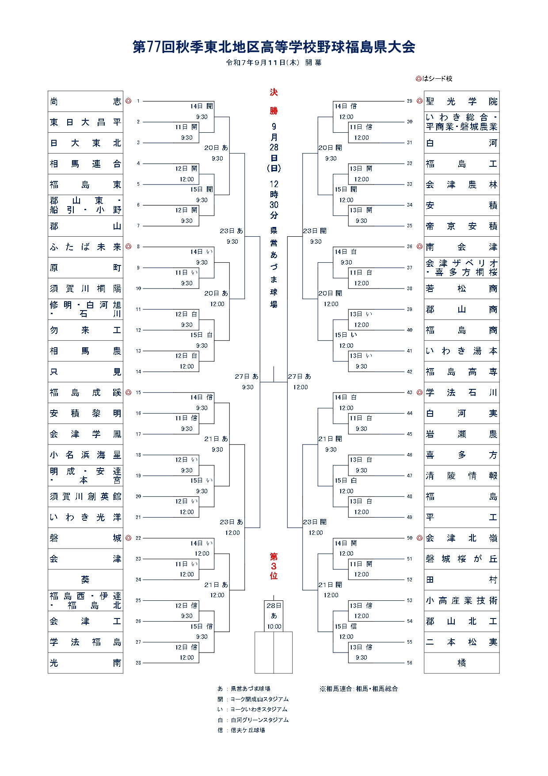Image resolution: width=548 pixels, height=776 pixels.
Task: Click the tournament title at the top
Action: [x=274, y=47]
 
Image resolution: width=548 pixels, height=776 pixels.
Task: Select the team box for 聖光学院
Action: [x=461, y=101]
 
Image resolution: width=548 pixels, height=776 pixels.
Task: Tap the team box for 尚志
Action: [x=85, y=101]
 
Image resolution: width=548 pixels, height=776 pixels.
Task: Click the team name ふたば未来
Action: [x=85, y=247]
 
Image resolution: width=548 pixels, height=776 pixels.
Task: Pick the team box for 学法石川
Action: [x=461, y=392]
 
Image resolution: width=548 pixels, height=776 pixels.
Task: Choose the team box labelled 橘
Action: [x=461, y=663]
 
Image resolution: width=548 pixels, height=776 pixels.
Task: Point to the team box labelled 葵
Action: [x=85, y=580]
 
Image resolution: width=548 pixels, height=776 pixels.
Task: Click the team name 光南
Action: [x=85, y=663]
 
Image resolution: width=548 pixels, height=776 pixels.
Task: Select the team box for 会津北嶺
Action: [x=461, y=538]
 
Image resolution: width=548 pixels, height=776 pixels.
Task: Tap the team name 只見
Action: [x=85, y=372]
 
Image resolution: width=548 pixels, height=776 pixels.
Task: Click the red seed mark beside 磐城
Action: [x=129, y=538]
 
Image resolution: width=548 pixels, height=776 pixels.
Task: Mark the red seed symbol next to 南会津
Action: [x=419, y=246]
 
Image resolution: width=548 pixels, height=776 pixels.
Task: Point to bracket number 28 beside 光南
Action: [x=138, y=663]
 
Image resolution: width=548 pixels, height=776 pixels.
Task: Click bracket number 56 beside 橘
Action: [x=410, y=663]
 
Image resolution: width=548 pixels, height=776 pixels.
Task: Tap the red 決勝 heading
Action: [x=274, y=101]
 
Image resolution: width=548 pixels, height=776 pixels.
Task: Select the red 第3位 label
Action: [x=274, y=566]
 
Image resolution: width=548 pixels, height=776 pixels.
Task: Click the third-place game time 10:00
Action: [x=274, y=626]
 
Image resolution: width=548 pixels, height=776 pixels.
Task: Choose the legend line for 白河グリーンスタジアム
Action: [x=253, y=720]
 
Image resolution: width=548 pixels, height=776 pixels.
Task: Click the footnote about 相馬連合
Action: [x=358, y=689]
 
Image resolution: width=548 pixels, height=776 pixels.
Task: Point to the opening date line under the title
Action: [x=274, y=63]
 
